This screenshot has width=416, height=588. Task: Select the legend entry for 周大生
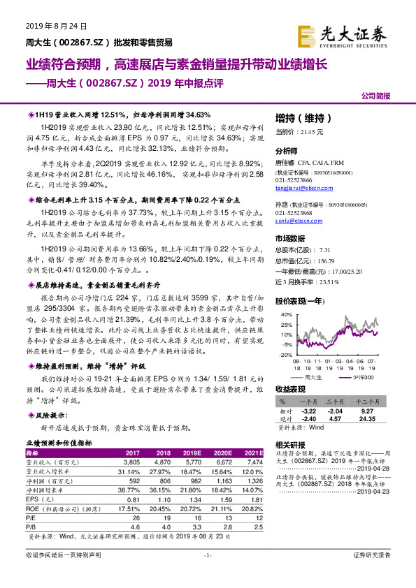pos(314,377)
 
